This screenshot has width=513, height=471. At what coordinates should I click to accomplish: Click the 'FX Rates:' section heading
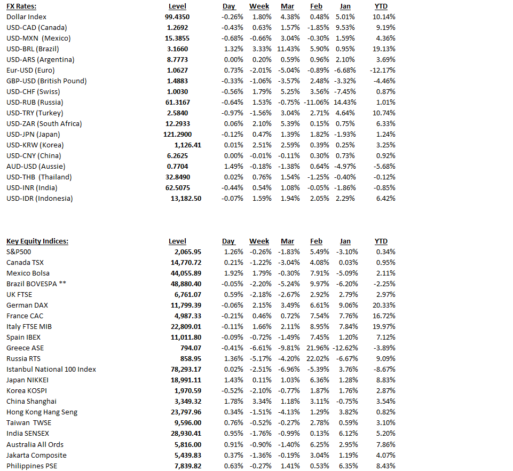[22, 6]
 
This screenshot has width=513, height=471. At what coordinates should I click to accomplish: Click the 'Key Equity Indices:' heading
[37, 241]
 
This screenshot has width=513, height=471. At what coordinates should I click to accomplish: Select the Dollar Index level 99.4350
[177, 17]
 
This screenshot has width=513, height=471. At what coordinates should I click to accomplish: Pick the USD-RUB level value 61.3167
[177, 103]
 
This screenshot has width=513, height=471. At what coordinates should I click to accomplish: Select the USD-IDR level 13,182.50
[186, 199]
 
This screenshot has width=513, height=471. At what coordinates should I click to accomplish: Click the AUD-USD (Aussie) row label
[35, 167]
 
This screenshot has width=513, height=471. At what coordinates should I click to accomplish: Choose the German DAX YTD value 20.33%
[384, 305]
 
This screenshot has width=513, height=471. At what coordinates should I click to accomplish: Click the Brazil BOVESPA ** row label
[36, 284]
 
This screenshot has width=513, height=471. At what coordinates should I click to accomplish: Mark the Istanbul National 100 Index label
[51, 370]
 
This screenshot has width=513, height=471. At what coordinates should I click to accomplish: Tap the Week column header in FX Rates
[259, 6]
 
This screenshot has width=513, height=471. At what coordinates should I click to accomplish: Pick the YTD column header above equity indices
[381, 241]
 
